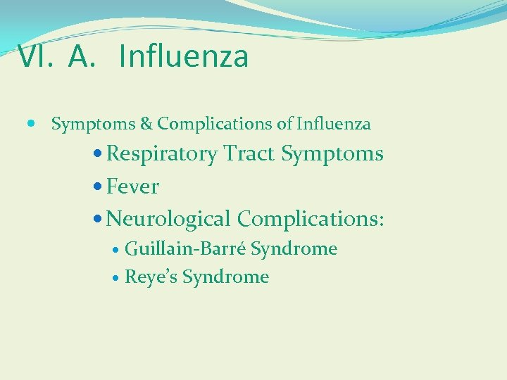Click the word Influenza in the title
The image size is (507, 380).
(x=184, y=57)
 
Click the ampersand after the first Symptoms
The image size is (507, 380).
(x=146, y=125)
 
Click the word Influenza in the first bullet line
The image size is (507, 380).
(x=333, y=125)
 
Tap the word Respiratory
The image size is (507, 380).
(x=163, y=154)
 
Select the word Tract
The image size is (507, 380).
(x=249, y=154)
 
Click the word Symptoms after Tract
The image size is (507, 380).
(x=332, y=154)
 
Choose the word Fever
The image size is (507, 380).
(x=133, y=187)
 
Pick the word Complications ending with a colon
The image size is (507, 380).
(x=311, y=219)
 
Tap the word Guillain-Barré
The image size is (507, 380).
(x=185, y=249)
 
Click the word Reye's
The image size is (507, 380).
(x=151, y=277)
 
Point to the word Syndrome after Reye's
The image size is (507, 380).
(x=225, y=277)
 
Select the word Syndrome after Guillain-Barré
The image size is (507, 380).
(x=294, y=249)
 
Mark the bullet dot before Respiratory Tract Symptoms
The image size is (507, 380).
(x=99, y=154)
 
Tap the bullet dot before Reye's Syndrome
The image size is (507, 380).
(x=116, y=278)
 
